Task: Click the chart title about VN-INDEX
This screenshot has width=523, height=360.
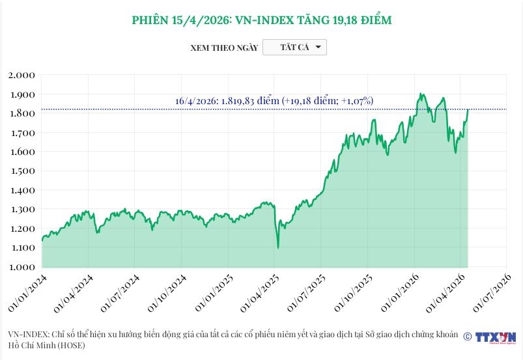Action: [261, 20]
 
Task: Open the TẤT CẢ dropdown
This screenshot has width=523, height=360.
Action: [294, 48]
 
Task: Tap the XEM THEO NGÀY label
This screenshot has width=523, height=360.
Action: [224, 48]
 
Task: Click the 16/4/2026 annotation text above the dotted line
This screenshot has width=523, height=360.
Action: [274, 101]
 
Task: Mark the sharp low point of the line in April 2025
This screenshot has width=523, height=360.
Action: [278, 247]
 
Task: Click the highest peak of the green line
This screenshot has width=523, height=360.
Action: [421, 94]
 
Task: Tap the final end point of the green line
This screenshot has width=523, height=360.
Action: [468, 109]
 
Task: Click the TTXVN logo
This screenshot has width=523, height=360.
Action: [495, 337]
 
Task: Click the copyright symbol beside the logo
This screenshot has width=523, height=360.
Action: [467, 337]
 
